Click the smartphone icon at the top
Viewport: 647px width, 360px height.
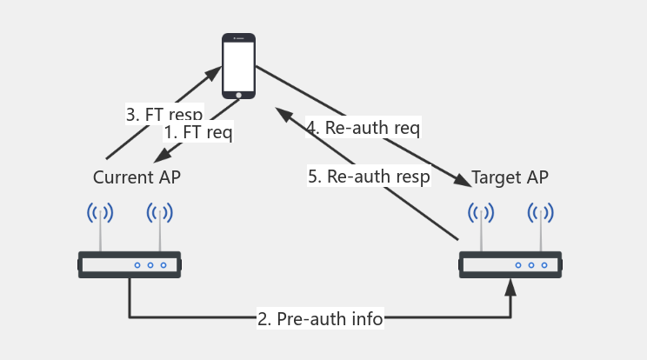238,66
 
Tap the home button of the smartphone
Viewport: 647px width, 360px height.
238,94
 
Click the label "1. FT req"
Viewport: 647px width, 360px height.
198,133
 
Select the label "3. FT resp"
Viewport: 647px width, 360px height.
164,114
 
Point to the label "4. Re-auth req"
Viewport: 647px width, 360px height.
363,128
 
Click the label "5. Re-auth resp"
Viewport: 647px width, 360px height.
369,177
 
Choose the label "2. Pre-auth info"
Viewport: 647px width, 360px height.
320,318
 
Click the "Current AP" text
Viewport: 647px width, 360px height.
137,177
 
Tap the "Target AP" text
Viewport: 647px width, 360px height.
510,177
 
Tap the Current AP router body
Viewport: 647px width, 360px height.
130,264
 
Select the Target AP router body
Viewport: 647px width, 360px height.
510,264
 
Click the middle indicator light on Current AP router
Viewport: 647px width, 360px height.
150,265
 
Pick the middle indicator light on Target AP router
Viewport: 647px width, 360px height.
531,265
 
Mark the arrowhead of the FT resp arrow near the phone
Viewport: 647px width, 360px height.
214,73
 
